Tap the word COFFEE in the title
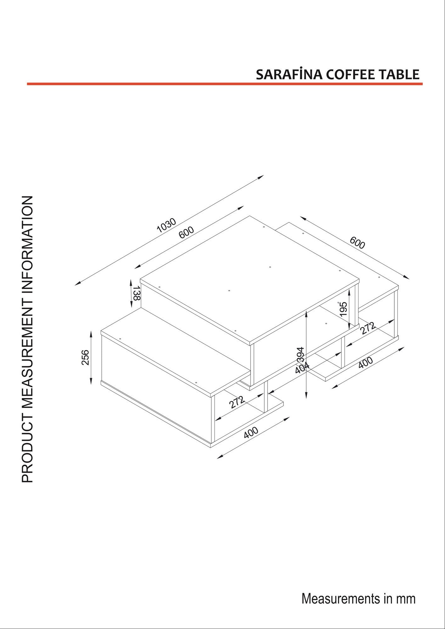348,75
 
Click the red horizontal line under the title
225,84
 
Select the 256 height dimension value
85,357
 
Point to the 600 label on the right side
357,242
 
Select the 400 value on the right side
366,363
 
